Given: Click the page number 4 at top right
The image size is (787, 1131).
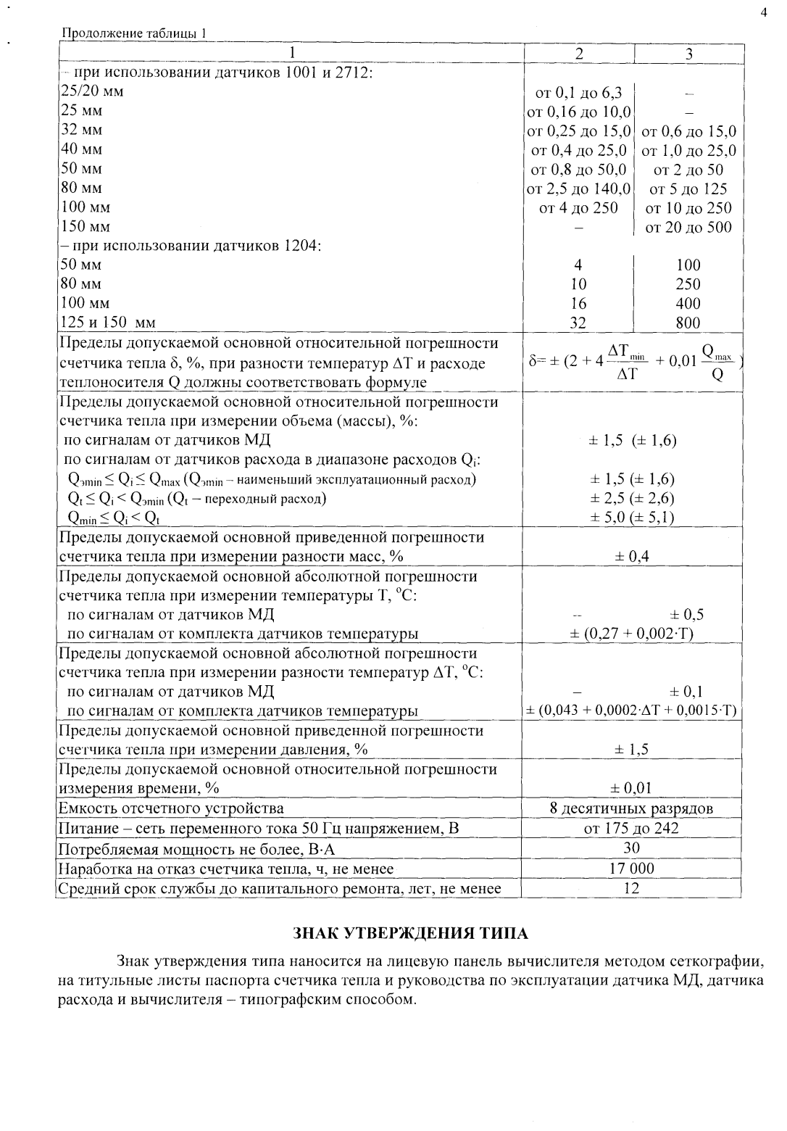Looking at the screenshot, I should click(763, 12).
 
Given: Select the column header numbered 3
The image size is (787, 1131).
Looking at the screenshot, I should click(688, 54).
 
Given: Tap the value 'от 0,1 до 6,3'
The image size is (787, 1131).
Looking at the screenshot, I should click(578, 93).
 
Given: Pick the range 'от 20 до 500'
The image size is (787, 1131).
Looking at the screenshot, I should click(688, 227).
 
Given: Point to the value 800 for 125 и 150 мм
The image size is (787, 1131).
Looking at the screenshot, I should click(688, 323).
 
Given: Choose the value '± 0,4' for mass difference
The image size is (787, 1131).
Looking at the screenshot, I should click(632, 556).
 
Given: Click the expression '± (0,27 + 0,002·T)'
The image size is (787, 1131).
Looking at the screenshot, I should click(632, 634).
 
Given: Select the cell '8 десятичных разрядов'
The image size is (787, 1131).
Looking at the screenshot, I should click(632, 808).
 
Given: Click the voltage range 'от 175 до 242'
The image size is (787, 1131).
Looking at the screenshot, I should click(632, 828).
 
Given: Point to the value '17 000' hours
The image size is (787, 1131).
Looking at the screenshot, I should click(632, 868).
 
